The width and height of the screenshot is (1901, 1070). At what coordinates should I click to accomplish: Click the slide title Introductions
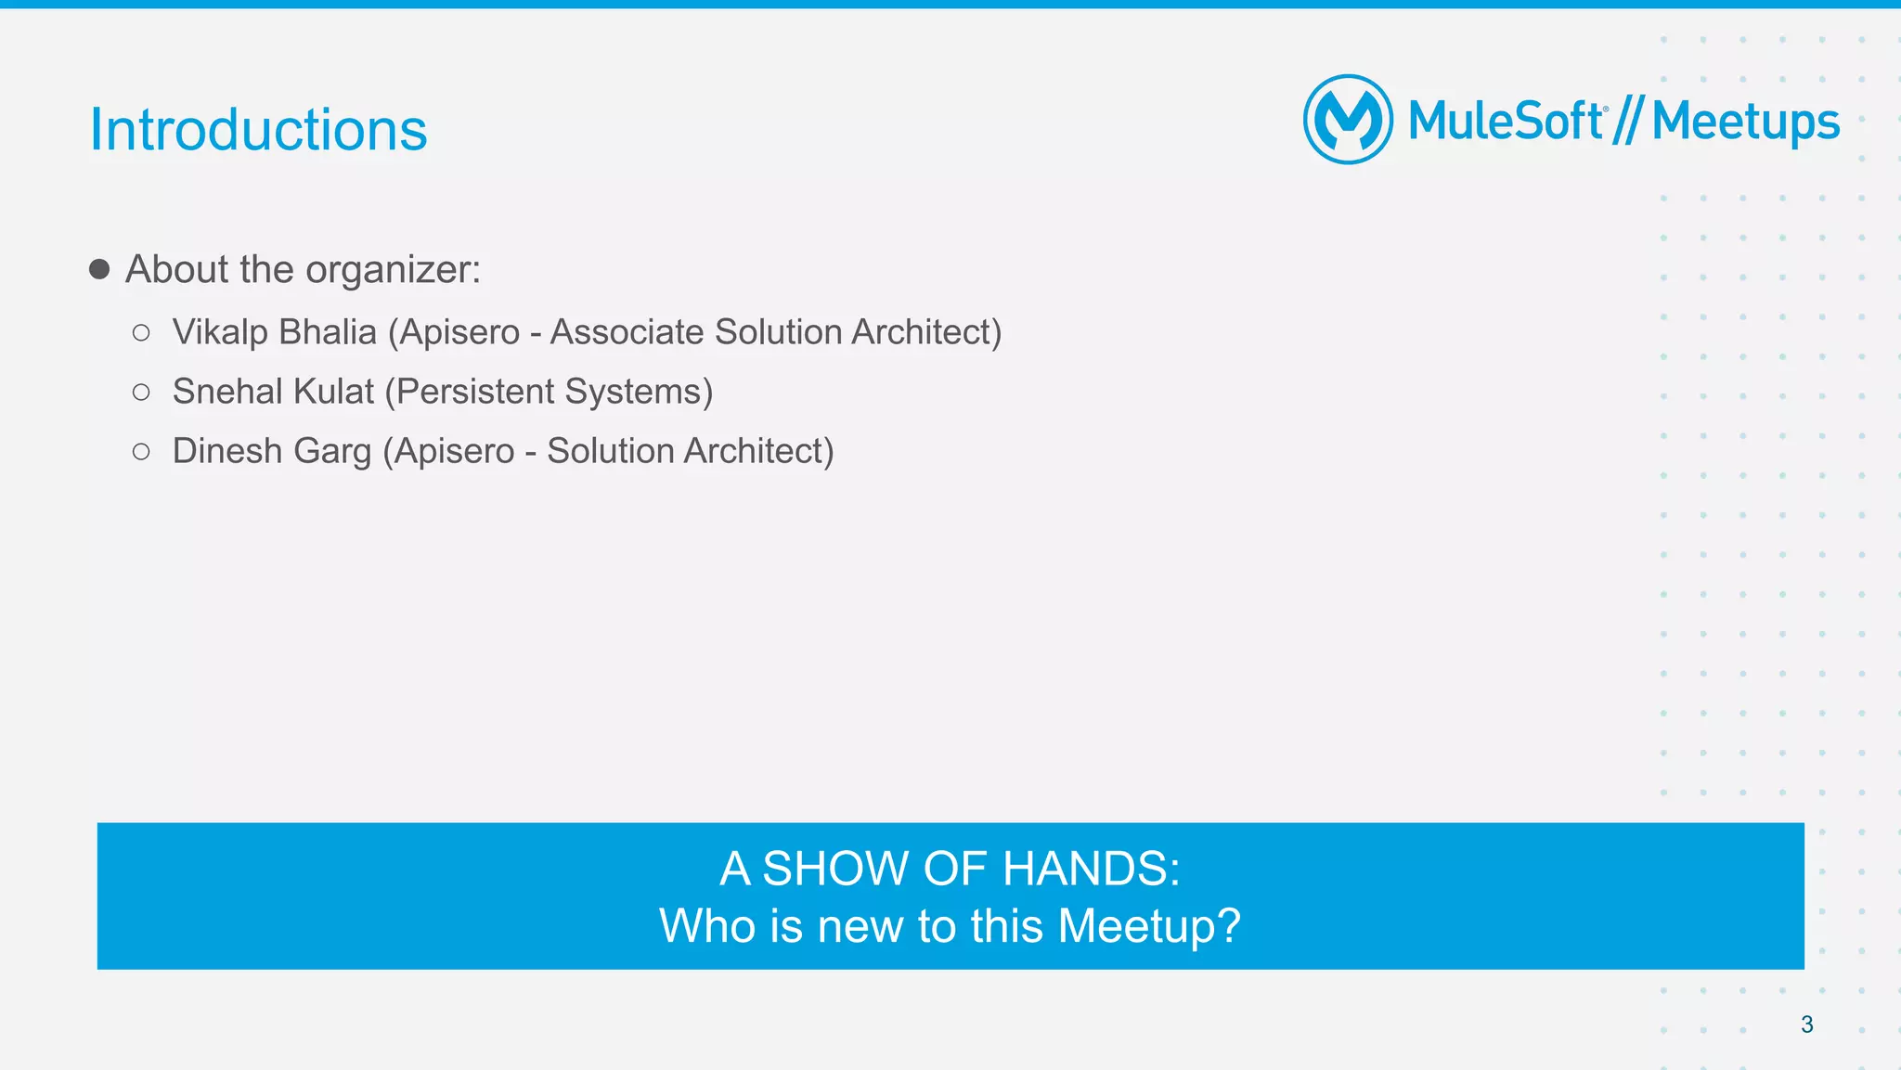[258, 130]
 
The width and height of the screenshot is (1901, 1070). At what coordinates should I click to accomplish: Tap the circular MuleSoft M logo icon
[1348, 120]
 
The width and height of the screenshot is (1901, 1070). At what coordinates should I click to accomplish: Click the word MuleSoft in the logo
[1506, 122]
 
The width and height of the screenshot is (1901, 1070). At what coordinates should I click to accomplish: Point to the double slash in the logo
[1628, 122]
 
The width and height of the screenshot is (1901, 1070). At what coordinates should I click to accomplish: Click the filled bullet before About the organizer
[99, 269]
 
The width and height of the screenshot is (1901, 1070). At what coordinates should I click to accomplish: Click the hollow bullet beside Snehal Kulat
[141, 393]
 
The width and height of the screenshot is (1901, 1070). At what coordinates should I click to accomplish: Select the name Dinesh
[227, 451]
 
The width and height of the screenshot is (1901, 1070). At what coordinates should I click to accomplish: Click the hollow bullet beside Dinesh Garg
[141, 452]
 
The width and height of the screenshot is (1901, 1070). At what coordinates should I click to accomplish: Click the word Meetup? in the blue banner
[1149, 926]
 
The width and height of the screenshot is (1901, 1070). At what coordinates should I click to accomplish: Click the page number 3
[1806, 1025]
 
